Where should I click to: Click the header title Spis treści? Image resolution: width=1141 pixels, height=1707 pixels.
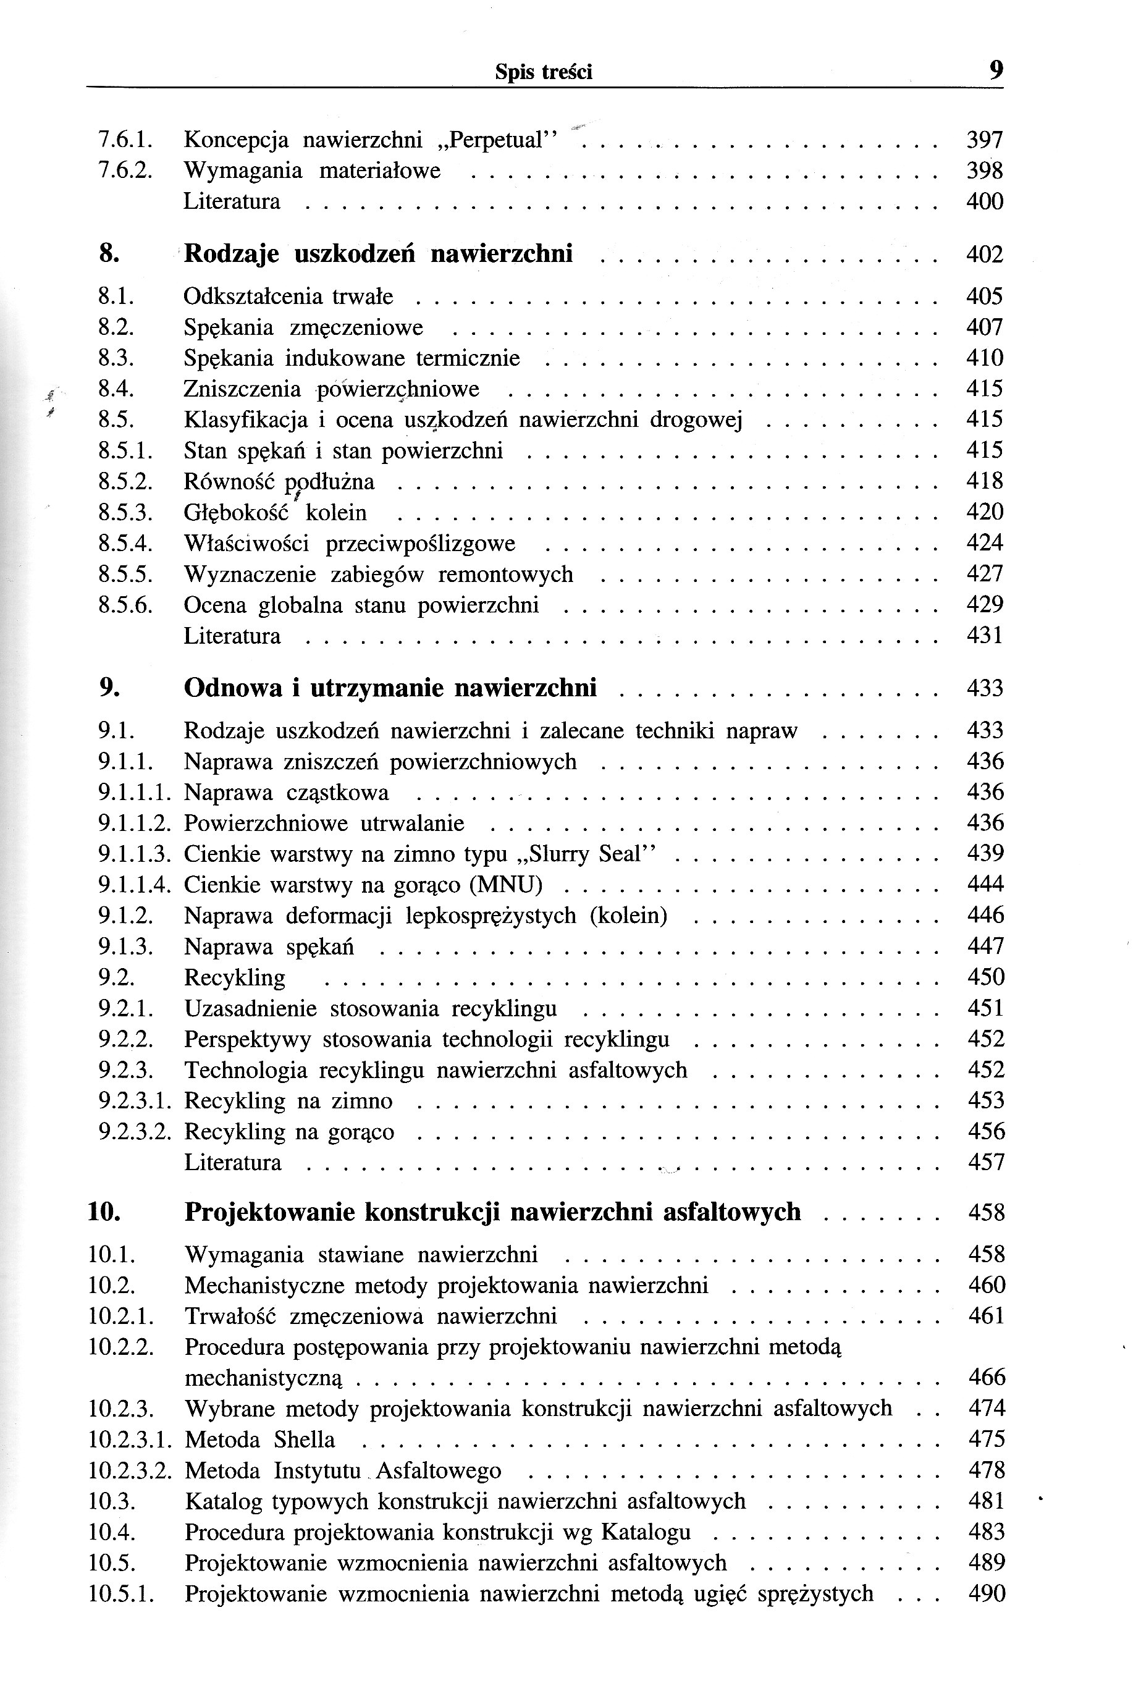pyautogui.click(x=544, y=72)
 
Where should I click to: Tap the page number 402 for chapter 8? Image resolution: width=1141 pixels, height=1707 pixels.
pyautogui.click(x=985, y=255)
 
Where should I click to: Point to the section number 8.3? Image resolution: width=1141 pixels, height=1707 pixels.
pyautogui.click(x=116, y=358)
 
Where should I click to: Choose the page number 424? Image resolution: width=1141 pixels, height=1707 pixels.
pyautogui.click(x=985, y=543)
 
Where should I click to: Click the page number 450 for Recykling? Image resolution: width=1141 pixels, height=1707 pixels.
pyautogui.click(x=986, y=977)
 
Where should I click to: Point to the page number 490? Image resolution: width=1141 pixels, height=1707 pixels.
pyautogui.click(x=987, y=1594)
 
